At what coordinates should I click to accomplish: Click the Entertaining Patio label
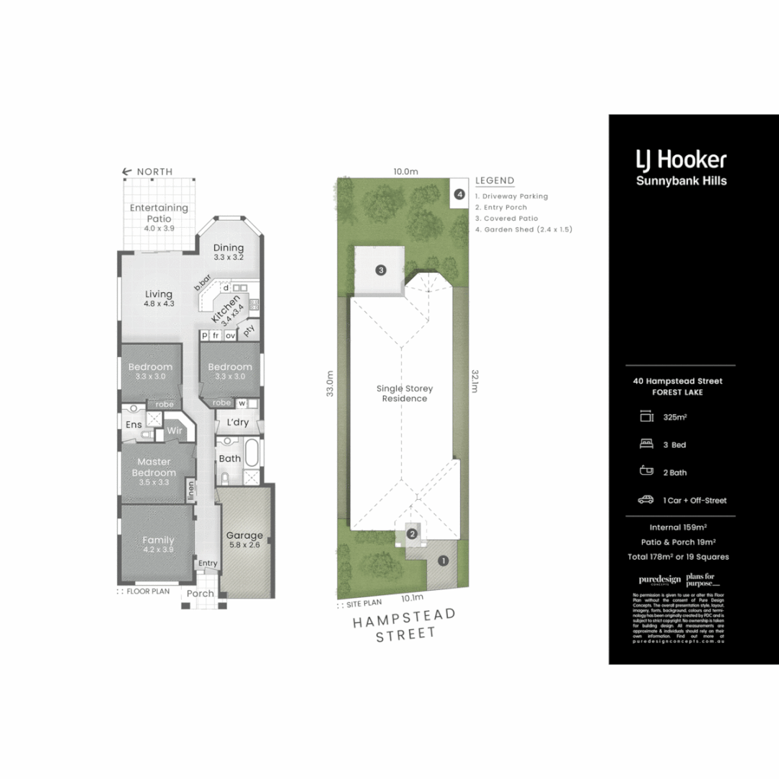[x=159, y=213]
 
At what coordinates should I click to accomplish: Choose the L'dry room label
[x=238, y=423]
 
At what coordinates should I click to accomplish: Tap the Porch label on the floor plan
[x=201, y=594]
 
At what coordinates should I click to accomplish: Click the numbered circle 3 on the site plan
[x=381, y=270]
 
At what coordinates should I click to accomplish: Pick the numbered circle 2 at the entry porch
[x=412, y=534]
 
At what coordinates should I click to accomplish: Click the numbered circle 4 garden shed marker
[x=459, y=194]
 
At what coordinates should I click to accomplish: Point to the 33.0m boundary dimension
[x=330, y=384]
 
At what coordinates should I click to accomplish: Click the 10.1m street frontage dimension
[x=412, y=597]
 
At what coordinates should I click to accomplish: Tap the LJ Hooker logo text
[x=680, y=159]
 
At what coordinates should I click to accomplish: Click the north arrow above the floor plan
[x=127, y=172]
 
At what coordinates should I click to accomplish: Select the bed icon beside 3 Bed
[x=645, y=445]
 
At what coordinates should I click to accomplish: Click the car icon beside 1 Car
[x=645, y=500]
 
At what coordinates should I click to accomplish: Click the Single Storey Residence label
[x=405, y=393]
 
